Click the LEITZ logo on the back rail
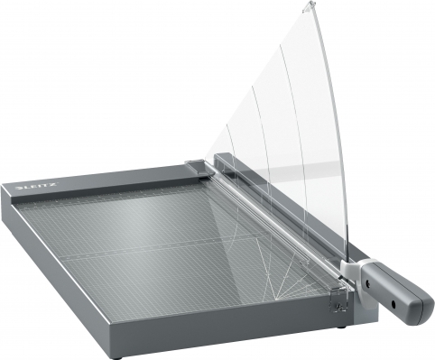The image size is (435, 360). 36,188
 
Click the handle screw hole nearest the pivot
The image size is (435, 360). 367,282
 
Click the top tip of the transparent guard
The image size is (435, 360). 310,4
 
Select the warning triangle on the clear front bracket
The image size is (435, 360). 338,307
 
